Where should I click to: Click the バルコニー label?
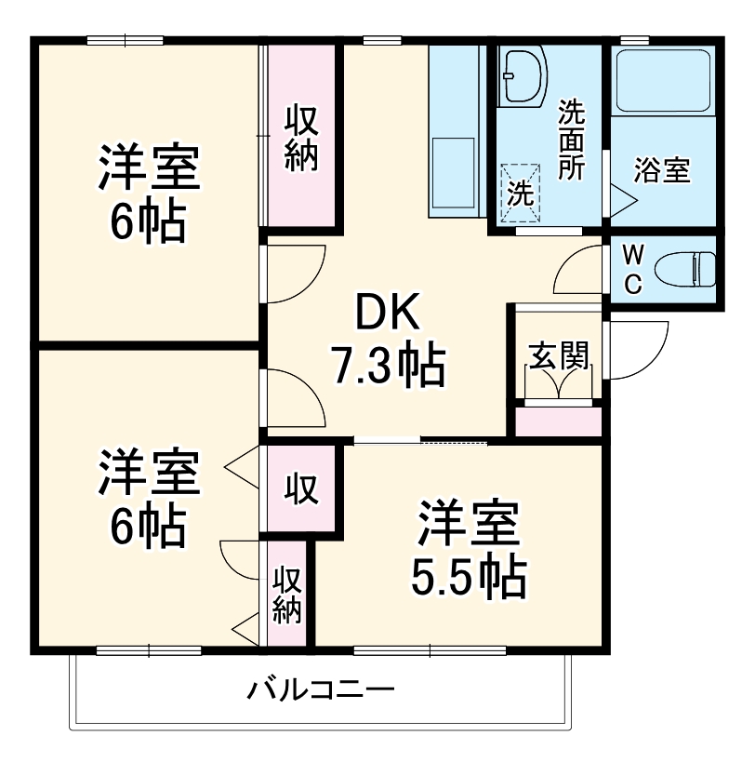tap(321, 690)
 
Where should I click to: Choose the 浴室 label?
tap(661, 171)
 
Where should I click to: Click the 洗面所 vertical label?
tap(570, 140)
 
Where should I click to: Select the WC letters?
tap(632, 270)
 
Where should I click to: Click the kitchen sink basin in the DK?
tap(455, 176)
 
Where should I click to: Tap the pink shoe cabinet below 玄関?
tap(558, 421)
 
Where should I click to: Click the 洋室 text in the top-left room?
tap(148, 168)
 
